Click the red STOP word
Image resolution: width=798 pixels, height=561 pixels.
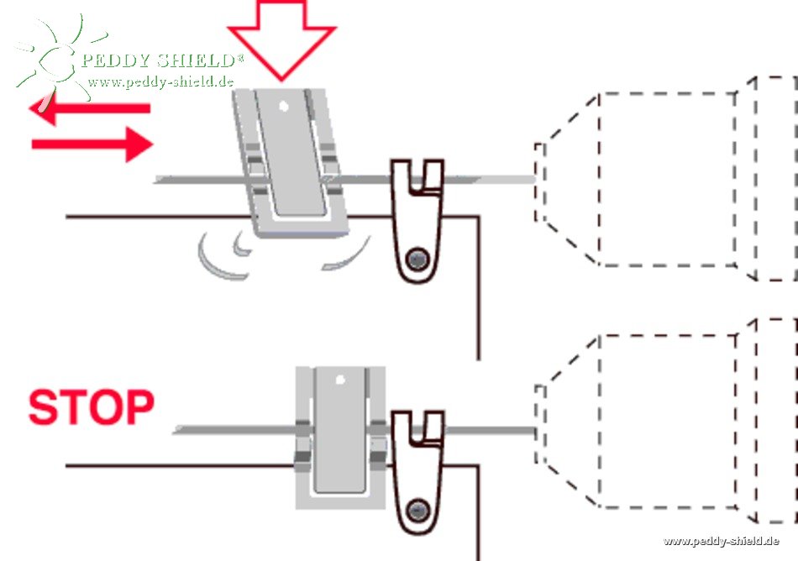pos(91,407)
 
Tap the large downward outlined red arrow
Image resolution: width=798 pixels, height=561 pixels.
pos(281,38)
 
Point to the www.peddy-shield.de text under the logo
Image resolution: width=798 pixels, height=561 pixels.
pos(160,81)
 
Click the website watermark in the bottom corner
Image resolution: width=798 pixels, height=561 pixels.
pos(721,541)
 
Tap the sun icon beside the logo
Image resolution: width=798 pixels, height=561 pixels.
pos(52,59)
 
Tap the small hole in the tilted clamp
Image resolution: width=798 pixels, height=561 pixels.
pos(285,107)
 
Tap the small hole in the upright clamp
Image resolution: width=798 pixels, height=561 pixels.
pos(339,380)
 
